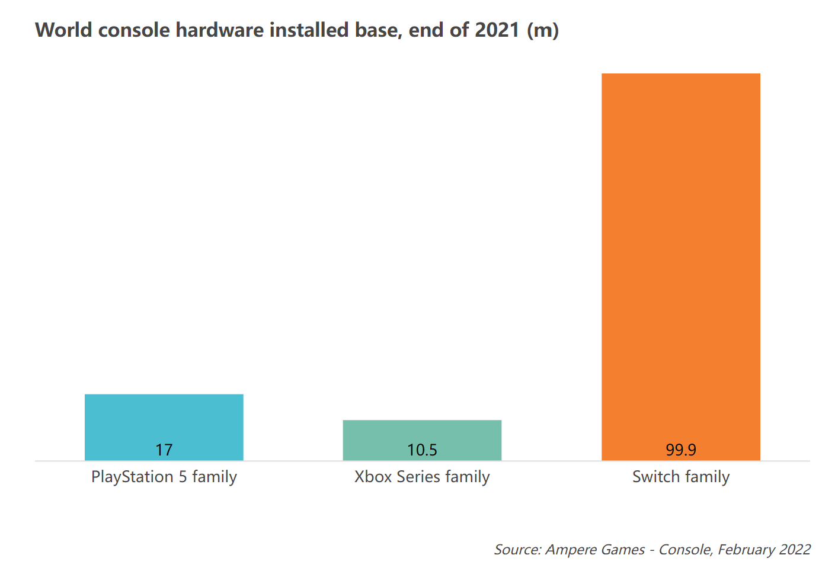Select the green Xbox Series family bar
pyautogui.click(x=422, y=435)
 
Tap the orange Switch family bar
pyautogui.click(x=680, y=261)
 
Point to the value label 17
pyautogui.click(x=164, y=450)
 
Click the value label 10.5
pyautogui.click(x=422, y=450)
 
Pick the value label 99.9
pyautogui.click(x=680, y=450)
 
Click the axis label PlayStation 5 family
pyautogui.click(x=164, y=477)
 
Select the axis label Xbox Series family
pyautogui.click(x=422, y=477)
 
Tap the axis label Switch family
pyautogui.click(x=680, y=477)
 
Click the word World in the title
pyautogui.click(x=63, y=30)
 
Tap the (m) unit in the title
pyautogui.click(x=543, y=30)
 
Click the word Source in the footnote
pyautogui.click(x=517, y=550)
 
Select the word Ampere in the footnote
pyautogui.click(x=570, y=550)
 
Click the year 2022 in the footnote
pyautogui.click(x=795, y=550)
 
